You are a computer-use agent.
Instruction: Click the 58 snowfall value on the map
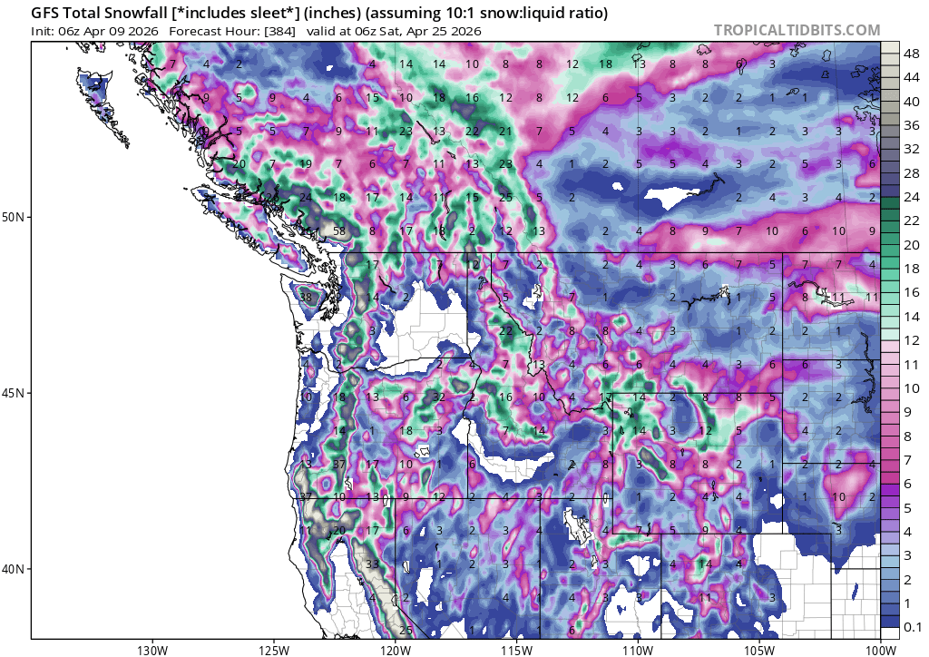click(x=339, y=231)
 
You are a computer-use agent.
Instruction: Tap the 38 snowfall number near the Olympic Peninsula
click(x=306, y=298)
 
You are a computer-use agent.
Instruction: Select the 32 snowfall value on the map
click(x=439, y=397)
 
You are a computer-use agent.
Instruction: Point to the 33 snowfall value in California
click(x=372, y=564)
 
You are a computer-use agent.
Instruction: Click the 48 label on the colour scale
click(x=910, y=54)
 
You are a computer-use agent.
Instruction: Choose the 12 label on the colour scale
click(x=910, y=338)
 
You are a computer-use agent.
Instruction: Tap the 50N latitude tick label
click(x=15, y=217)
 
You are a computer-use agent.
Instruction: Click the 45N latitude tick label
click(x=15, y=393)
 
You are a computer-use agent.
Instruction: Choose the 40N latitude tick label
click(x=15, y=569)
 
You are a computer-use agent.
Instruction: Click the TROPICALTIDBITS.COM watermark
click(x=797, y=30)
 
